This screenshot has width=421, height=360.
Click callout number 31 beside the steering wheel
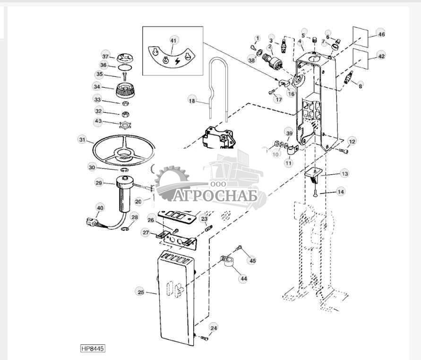pyautogui.click(x=83, y=140)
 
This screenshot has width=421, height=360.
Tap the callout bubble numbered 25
pyautogui.click(x=141, y=292)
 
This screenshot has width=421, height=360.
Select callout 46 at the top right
pyautogui.click(x=381, y=34)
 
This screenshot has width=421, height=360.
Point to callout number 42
pyautogui.click(x=381, y=56)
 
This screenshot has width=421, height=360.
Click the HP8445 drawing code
pyautogui.click(x=93, y=349)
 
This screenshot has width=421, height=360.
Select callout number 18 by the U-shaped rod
pyautogui.click(x=192, y=100)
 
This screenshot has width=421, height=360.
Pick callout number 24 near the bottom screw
pyautogui.click(x=214, y=327)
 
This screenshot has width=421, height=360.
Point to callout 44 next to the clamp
pyautogui.click(x=243, y=279)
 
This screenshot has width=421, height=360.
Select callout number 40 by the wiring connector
pyautogui.click(x=100, y=208)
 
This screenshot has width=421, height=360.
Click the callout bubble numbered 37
pyautogui.click(x=106, y=55)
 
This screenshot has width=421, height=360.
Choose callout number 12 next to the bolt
pyautogui.click(x=352, y=141)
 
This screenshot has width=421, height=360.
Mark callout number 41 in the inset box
pyautogui.click(x=173, y=41)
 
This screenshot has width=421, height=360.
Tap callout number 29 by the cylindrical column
pyautogui.click(x=99, y=183)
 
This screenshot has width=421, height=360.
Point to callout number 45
pyautogui.click(x=253, y=260)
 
